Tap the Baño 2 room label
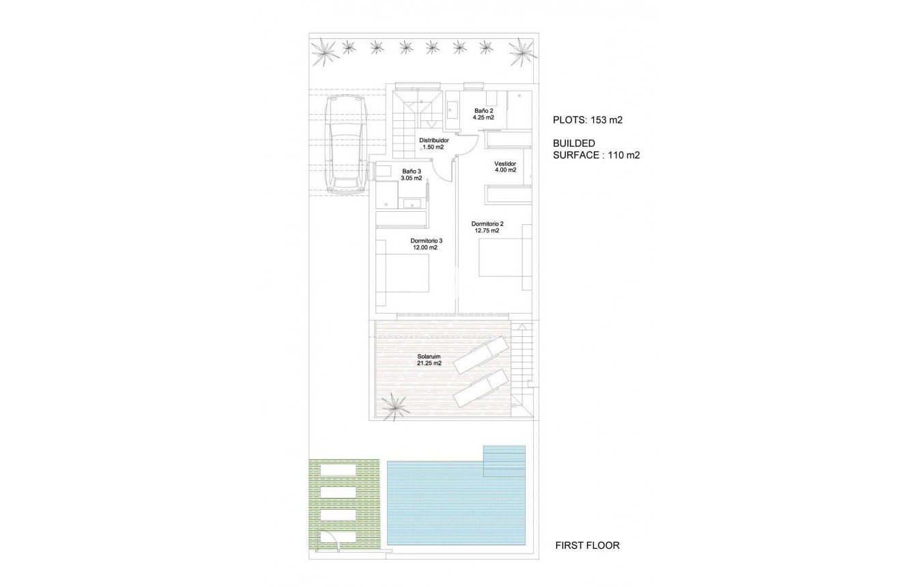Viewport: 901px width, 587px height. tap(483, 111)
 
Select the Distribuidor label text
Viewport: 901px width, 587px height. tap(433, 139)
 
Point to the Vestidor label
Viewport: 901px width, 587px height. tap(505, 164)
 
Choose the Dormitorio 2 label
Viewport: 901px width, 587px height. tap(487, 223)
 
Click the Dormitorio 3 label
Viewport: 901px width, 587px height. tap(427, 241)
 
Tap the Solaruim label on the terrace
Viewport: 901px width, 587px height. tap(429, 356)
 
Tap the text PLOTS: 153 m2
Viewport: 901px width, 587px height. tap(588, 120)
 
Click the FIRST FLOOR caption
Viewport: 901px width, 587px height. tap(587, 545)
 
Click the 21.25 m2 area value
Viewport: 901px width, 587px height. tap(429, 364)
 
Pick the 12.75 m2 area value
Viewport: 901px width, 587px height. tap(487, 231)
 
